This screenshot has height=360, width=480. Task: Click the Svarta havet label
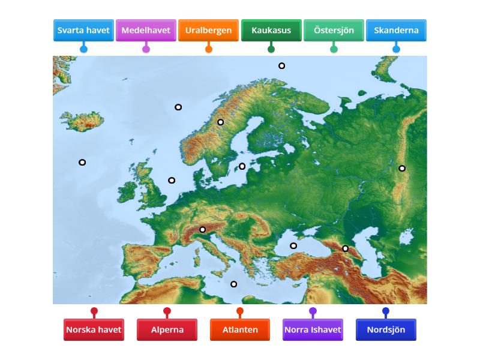[83, 30]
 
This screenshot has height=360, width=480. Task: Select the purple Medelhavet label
[146, 30]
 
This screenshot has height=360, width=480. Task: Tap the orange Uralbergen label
[208, 30]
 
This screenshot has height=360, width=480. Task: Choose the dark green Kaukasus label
[271, 30]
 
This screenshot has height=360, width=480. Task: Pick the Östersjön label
[334, 30]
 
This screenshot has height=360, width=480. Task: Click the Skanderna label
[396, 30]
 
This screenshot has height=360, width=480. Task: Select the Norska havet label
[94, 329]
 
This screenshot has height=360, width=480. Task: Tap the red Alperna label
[167, 329]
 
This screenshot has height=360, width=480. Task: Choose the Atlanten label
[240, 329]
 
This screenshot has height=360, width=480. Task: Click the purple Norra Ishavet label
[313, 329]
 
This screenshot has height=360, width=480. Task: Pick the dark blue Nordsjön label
[386, 329]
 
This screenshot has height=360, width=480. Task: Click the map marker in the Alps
[203, 229]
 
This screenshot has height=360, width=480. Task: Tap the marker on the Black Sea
[293, 245]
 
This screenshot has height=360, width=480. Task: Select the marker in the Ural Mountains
[402, 168]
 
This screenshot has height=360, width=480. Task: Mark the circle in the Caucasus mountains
[345, 248]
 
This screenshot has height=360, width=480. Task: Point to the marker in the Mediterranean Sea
[234, 284]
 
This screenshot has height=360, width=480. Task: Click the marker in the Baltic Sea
[242, 166]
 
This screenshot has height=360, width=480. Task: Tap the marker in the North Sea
[172, 180]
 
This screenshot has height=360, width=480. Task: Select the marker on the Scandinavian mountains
[220, 122]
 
